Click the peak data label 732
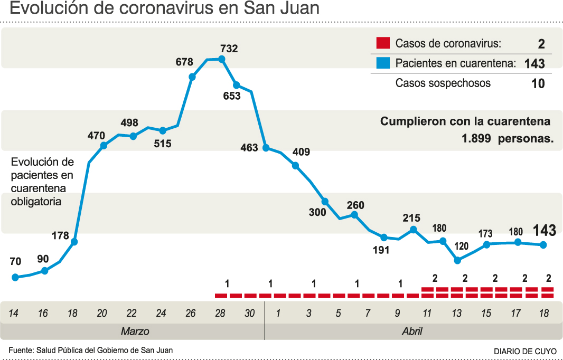229,49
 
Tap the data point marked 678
192,77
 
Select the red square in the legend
383,43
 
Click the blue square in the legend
383,63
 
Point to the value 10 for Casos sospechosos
538,83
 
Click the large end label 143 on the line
544,230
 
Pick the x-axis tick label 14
14,314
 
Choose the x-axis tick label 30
250,314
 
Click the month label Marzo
135,331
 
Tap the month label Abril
412,331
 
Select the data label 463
249,148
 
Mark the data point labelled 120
458,260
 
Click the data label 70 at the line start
15,261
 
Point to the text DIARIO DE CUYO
524,351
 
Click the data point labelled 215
414,230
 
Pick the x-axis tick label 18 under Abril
543,314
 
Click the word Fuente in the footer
20,350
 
